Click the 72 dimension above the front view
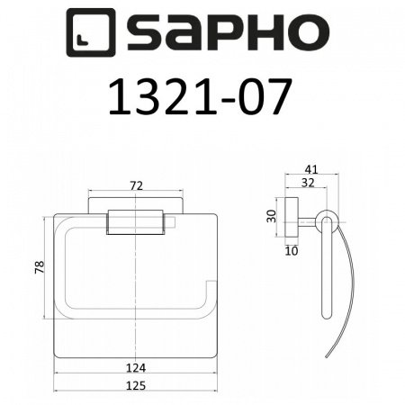point(137,185)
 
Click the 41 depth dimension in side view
point(311,167)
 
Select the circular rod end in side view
point(325,221)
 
